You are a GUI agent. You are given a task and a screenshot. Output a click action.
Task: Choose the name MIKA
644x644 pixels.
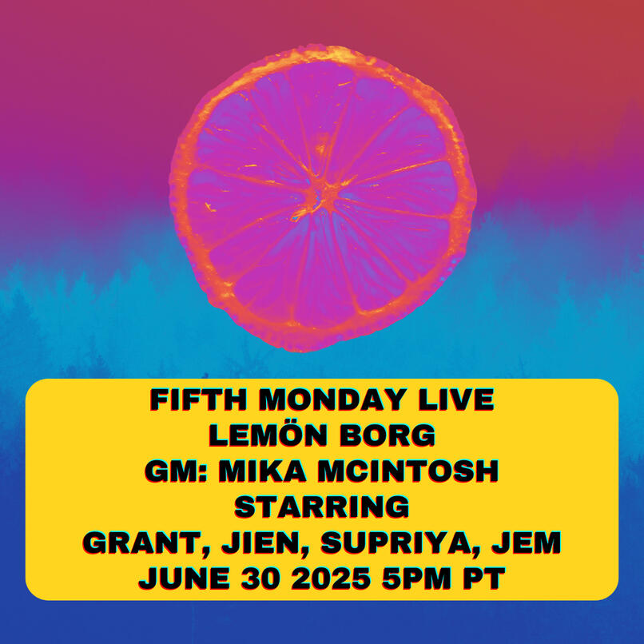point(262,471)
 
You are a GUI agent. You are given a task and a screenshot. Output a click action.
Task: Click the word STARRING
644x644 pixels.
point(321,507)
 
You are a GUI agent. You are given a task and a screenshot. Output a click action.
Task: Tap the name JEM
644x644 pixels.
point(527,543)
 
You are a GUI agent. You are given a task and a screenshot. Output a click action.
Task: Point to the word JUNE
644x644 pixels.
point(184,578)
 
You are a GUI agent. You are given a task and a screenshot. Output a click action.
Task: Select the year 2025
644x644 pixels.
point(331,578)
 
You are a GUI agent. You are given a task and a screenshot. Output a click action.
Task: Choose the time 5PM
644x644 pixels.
point(416,578)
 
